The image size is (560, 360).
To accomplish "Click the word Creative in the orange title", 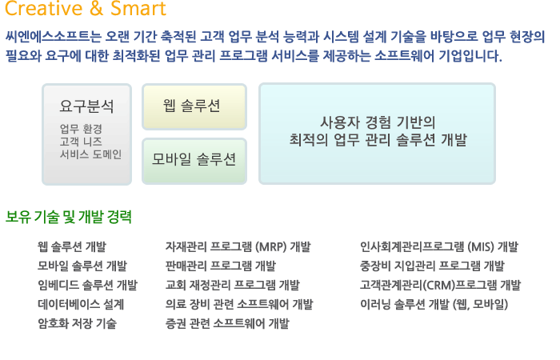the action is pyautogui.click(x=44, y=8).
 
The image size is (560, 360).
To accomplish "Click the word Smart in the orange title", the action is pyautogui.click(x=138, y=8).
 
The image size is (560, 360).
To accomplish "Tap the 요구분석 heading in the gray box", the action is pyautogui.click(x=86, y=106).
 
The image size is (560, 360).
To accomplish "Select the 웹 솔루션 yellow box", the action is pyautogui.click(x=194, y=106).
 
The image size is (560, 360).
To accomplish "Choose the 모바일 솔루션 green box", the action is pyautogui.click(x=194, y=161).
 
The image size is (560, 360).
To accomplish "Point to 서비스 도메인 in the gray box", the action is pyautogui.click(x=90, y=154).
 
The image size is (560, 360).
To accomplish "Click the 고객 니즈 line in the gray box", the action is pyautogui.click(x=81, y=142).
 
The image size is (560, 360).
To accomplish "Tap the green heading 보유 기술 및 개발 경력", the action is pyautogui.click(x=69, y=217).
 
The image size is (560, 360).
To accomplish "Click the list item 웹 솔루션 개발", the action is pyautogui.click(x=72, y=246).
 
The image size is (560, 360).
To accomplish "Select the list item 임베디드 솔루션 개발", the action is pyautogui.click(x=87, y=285).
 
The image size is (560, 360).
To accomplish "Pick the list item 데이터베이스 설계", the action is pyautogui.click(x=81, y=304).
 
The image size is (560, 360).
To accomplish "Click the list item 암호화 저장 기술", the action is pyautogui.click(x=77, y=323).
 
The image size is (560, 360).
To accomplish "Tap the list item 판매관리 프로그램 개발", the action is pyautogui.click(x=221, y=266).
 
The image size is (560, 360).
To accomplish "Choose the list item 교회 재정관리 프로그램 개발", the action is pyautogui.click(x=233, y=285).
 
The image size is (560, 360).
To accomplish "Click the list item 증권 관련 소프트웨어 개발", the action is pyautogui.click(x=227, y=323).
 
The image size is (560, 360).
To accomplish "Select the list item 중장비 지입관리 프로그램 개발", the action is pyautogui.click(x=432, y=266).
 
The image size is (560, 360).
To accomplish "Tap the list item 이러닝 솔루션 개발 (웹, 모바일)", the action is pyautogui.click(x=434, y=304).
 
